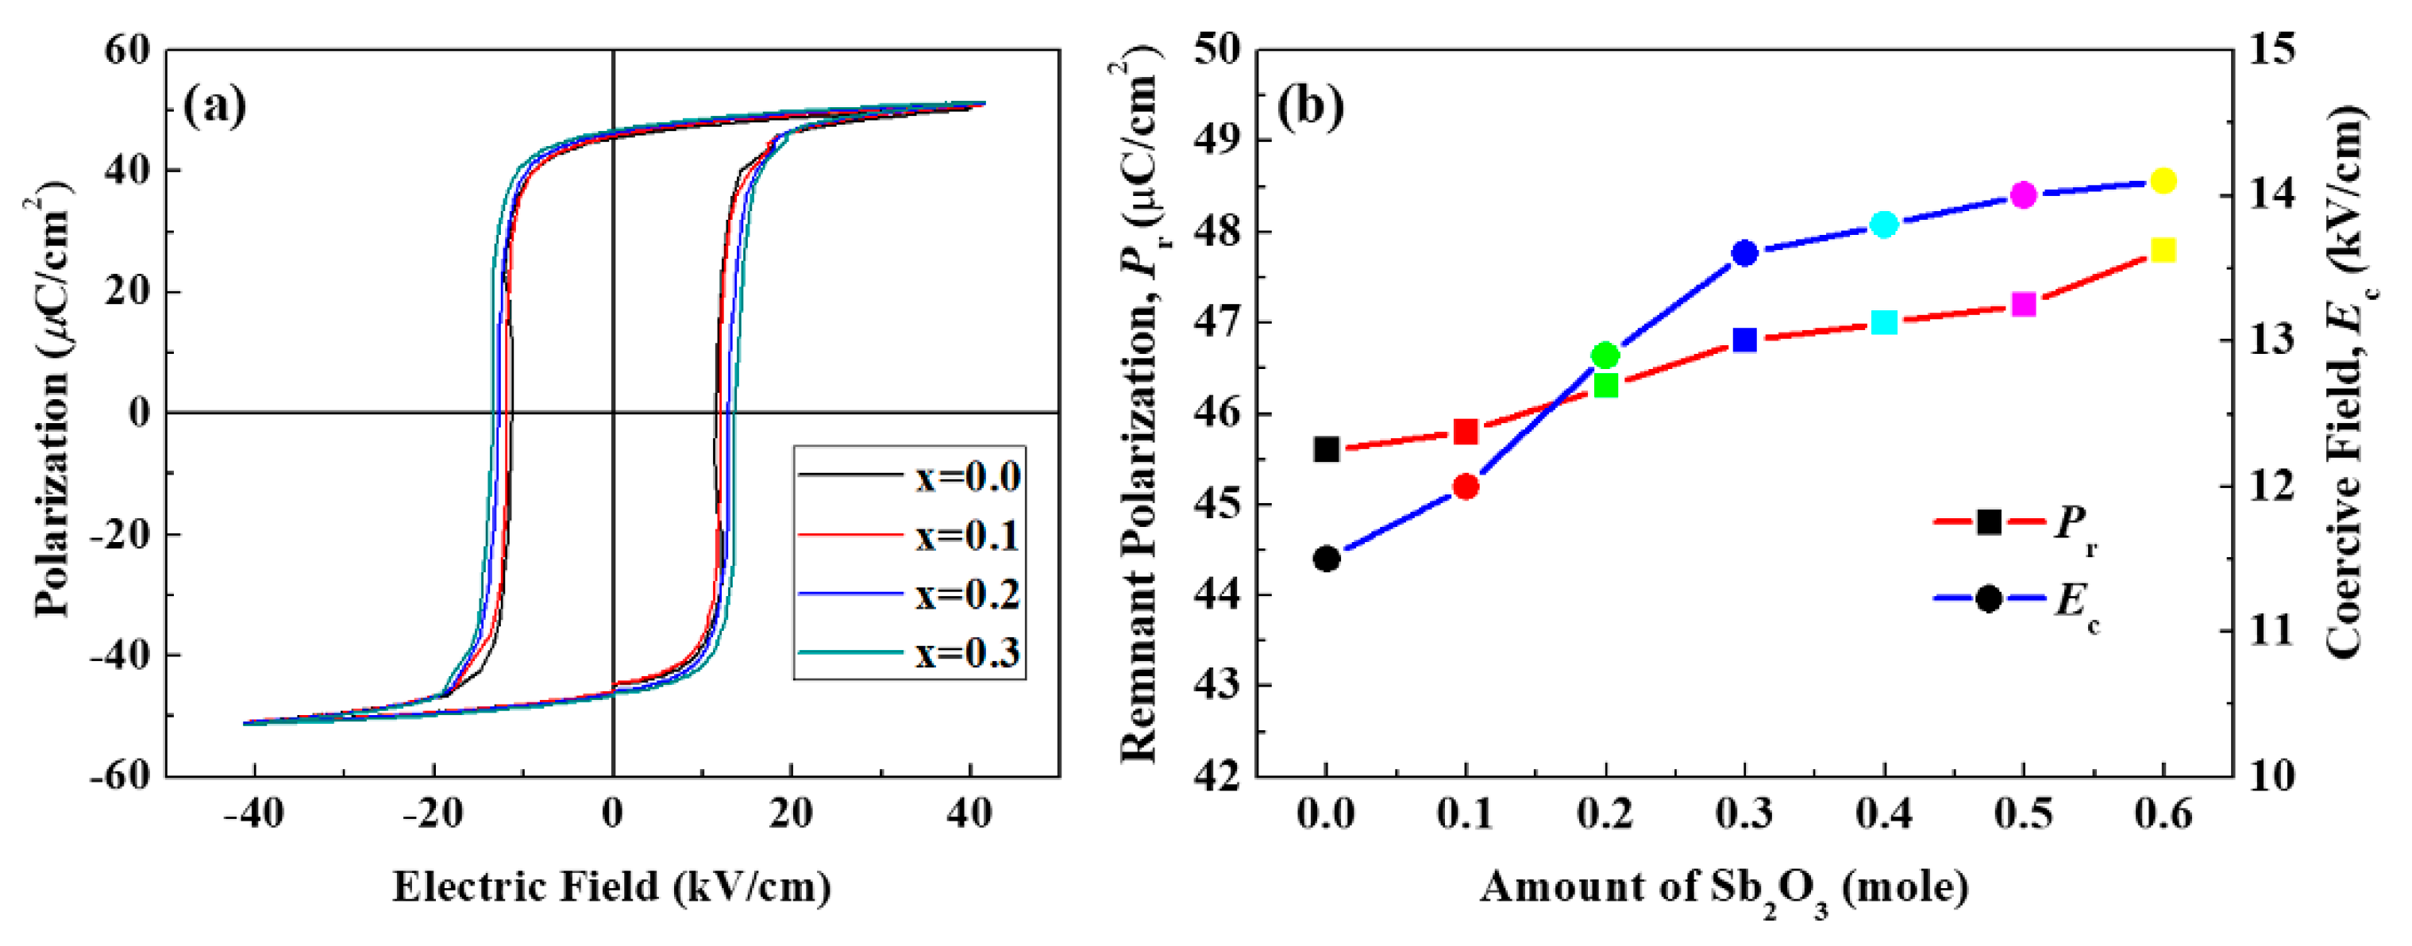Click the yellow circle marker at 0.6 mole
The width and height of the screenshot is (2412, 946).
[2163, 182]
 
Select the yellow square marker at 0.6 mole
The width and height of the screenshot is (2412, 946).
[2163, 250]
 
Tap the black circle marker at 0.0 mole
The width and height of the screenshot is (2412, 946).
[1327, 559]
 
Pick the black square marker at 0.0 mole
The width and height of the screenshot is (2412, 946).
[1327, 449]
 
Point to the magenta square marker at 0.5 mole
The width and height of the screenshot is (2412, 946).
[2024, 304]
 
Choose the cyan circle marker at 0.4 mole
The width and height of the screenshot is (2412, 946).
[1884, 225]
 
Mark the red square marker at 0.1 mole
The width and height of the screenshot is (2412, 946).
[1466, 432]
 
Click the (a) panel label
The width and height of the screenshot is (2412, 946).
[214, 106]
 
